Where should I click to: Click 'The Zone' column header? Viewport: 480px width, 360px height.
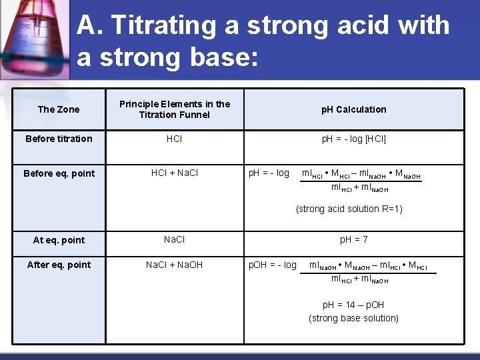[x=59, y=109]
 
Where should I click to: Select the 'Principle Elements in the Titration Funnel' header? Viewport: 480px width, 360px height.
[x=175, y=109]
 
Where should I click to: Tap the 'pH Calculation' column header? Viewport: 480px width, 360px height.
[x=353, y=109]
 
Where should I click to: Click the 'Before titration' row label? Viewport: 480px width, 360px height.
[x=59, y=139]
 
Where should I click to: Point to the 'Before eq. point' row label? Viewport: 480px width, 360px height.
[x=59, y=173]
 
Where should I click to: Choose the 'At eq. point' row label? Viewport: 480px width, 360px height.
[x=59, y=240]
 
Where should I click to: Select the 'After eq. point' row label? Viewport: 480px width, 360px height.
[x=59, y=265]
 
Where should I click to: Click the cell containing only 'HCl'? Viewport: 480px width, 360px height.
[x=175, y=139]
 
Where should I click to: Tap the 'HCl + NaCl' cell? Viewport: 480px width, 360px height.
[x=175, y=173]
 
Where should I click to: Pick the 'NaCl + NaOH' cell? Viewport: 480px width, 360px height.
[x=175, y=265]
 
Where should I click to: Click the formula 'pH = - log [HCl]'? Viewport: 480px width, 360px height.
[x=353, y=139]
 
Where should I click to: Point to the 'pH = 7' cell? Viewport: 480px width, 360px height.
[x=353, y=239]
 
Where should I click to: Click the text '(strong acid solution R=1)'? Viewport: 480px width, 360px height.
[x=349, y=209]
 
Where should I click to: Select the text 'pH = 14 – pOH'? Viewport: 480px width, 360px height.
[x=353, y=305]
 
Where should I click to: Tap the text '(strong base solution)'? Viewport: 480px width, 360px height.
[x=353, y=318]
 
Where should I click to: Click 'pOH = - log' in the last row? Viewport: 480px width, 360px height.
[x=272, y=265]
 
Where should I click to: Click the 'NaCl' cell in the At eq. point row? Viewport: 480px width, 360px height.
[x=175, y=239]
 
